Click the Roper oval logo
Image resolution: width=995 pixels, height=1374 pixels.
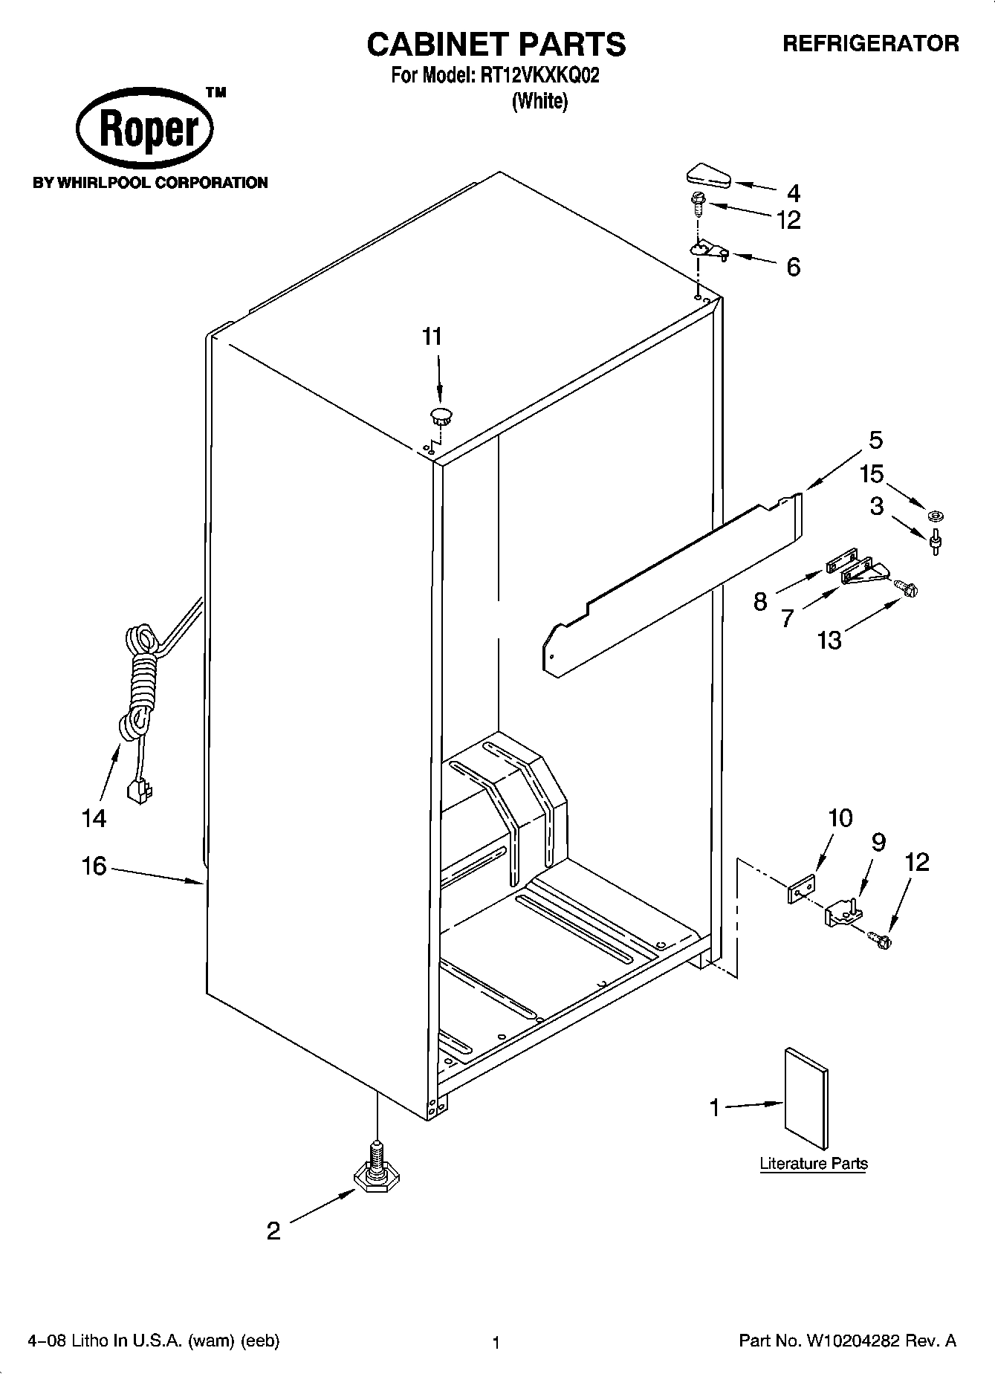(145, 129)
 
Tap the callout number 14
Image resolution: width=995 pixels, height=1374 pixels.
(94, 819)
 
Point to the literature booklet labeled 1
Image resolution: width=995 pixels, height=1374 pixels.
(806, 1098)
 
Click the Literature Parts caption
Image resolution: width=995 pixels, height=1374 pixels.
(813, 1164)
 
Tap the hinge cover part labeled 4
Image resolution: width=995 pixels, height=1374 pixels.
(706, 177)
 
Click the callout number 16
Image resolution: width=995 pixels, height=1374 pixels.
(94, 866)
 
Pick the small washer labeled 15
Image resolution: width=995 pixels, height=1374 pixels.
(934, 513)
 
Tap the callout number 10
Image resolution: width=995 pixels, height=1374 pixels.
(840, 818)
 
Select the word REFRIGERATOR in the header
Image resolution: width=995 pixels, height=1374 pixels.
(870, 44)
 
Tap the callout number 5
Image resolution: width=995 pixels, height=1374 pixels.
(875, 440)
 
